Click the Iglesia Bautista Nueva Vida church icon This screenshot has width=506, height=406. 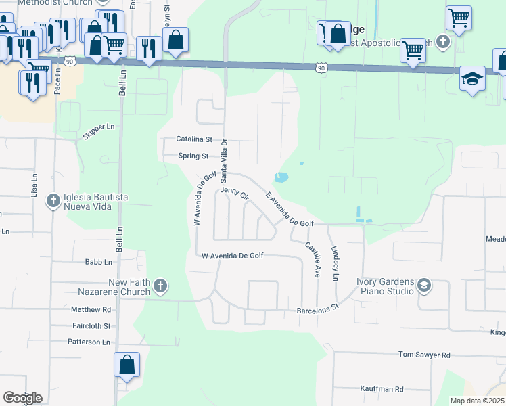point(53,200)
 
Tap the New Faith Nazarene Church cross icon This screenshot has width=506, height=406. point(160,286)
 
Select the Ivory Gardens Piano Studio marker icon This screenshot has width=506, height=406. point(424,286)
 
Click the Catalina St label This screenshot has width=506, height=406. point(194,139)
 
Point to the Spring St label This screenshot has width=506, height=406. point(193,156)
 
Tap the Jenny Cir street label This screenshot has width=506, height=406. point(235,194)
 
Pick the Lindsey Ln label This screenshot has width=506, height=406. point(334,259)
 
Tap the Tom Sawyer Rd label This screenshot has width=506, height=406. point(424,355)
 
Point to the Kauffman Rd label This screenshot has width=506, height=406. point(381,389)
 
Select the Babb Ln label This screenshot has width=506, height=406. point(98,263)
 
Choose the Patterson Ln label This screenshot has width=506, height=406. point(89,342)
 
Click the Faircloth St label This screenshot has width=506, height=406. point(91,325)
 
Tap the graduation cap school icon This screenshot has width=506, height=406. point(472,79)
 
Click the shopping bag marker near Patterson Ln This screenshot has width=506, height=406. point(127,365)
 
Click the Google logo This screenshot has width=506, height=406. point(22,398)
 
